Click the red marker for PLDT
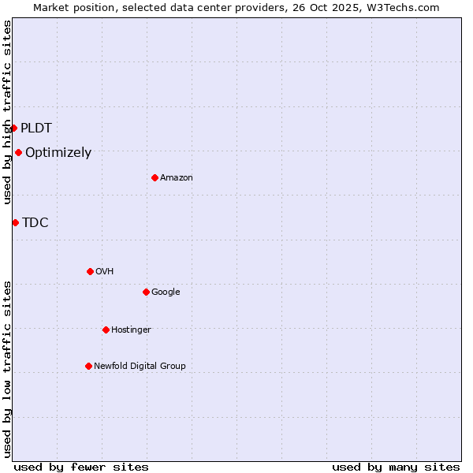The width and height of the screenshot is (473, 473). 13,128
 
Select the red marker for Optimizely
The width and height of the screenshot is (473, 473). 18,153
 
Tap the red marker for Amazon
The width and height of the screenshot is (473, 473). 155,177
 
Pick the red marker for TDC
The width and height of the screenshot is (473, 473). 15,222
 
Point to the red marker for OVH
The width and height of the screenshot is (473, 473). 90,271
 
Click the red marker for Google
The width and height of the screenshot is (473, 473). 146,292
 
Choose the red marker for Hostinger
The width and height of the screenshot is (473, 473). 106,330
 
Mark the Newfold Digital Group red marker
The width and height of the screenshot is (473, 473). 88,366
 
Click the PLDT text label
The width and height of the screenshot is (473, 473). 36,128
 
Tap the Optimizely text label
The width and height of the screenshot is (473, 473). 58,153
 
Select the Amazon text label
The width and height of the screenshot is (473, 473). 177,178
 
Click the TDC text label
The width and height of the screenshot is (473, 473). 35,223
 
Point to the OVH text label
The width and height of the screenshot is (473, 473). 105,272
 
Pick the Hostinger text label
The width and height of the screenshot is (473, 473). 131,330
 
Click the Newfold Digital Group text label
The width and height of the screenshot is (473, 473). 140,366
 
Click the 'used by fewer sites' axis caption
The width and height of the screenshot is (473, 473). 81,467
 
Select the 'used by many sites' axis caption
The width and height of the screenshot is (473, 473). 396,467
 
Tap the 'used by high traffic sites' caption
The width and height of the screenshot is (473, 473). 7,112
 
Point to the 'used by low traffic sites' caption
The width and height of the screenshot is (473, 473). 7,369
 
